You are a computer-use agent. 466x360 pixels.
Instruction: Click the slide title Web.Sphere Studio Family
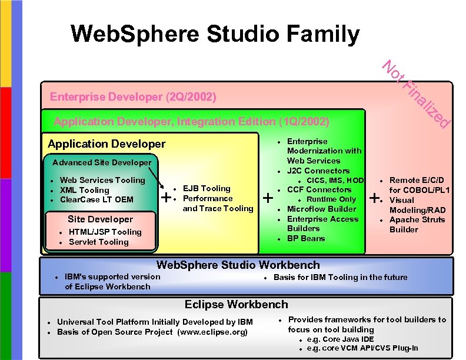tap(215, 34)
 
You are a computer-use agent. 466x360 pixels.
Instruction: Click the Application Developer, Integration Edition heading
tap(191, 122)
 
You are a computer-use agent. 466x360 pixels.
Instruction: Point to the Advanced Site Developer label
tap(102, 162)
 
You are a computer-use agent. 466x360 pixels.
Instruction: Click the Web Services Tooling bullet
tap(102, 180)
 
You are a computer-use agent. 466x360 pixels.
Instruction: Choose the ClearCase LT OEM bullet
tap(96, 199)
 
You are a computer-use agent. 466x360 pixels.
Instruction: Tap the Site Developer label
tap(100, 219)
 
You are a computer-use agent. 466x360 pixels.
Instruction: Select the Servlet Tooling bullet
tap(98, 242)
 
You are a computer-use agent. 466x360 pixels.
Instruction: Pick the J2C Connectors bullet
tap(318, 171)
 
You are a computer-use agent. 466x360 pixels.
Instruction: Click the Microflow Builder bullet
tap(321, 209)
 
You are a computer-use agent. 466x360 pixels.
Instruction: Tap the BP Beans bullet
tap(305, 238)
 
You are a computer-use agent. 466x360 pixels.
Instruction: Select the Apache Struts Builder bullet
tap(417, 224)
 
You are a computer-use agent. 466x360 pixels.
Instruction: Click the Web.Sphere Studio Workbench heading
tap(238, 265)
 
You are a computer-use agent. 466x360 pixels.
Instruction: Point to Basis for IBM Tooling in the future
tap(340, 277)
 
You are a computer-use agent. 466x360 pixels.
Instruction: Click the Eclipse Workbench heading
tap(236, 305)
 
